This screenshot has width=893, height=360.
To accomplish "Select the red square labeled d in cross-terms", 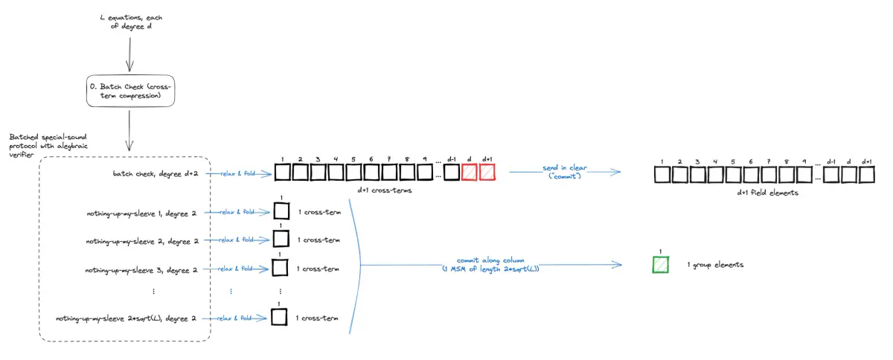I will point(469,173).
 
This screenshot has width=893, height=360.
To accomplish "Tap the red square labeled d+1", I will point(487,173).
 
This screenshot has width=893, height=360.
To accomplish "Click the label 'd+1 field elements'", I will point(764,193).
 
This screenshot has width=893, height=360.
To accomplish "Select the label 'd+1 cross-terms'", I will point(382,192).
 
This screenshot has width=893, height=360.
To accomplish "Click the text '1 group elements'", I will point(716,265).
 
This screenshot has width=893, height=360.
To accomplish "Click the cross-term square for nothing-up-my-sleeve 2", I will point(281,239).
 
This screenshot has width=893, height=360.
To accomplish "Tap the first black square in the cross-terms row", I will point(282,173).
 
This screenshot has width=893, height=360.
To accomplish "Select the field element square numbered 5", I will point(734,176).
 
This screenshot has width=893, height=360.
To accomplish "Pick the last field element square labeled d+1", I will point(866,176).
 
